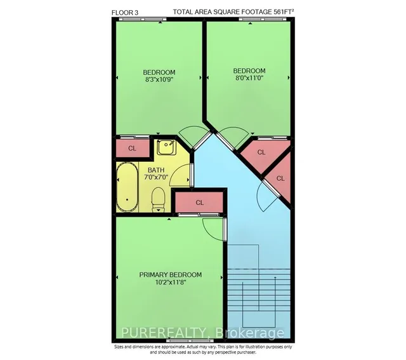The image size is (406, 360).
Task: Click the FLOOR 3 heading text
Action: click(x=125, y=13)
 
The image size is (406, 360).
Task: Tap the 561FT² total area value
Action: click(x=284, y=11)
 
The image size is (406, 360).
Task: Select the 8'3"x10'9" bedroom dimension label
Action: click(x=159, y=79)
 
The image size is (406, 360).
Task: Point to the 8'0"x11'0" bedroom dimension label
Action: click(x=249, y=77)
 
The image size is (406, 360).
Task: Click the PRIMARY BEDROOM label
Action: click(x=171, y=275)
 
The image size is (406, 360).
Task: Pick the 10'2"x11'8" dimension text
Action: click(x=171, y=282)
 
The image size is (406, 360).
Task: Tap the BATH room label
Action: click(x=156, y=170)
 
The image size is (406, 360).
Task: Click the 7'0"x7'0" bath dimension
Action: click(x=156, y=177)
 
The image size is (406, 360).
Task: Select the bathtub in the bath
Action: click(x=128, y=187)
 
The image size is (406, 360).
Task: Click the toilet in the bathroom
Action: click(x=158, y=199)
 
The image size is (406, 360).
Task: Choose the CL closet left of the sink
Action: click(x=133, y=148)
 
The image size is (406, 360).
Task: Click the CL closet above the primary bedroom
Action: click(x=199, y=203)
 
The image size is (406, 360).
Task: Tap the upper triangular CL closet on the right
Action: click(x=261, y=153)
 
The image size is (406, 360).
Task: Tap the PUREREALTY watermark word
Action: click(x=164, y=333)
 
